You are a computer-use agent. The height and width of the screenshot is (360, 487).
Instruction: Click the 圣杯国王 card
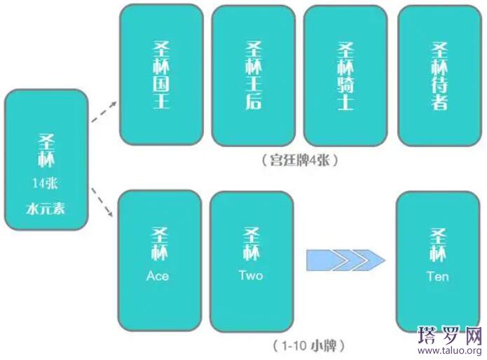[x=161, y=75]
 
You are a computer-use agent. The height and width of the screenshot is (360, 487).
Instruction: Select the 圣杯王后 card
[x=253, y=76]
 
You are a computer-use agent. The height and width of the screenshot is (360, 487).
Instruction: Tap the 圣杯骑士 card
[x=345, y=76]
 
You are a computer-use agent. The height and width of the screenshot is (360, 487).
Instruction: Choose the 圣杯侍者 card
[x=439, y=76]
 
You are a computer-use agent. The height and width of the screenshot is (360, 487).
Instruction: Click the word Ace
[x=158, y=276]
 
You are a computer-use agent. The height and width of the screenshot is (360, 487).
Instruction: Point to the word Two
[x=251, y=275]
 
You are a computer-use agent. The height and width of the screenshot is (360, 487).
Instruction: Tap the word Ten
[x=437, y=276]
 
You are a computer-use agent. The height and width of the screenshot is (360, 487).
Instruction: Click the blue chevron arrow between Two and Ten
[x=345, y=261]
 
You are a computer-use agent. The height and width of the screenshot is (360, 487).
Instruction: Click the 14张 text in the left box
[x=46, y=184]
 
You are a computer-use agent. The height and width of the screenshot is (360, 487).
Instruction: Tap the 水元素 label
[x=46, y=208]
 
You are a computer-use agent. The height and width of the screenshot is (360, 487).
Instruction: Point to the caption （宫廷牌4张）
[x=301, y=160]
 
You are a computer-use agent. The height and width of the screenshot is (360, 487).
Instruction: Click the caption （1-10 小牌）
[x=308, y=345]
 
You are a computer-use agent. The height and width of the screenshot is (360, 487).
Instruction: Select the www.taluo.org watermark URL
[x=449, y=351]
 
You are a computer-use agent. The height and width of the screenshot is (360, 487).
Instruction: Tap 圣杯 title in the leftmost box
[x=46, y=151]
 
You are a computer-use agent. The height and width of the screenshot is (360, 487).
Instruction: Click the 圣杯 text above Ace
[x=158, y=242]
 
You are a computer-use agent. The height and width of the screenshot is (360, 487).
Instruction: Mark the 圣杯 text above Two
[x=251, y=242]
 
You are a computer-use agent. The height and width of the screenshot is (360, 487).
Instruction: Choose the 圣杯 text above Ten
[x=437, y=242]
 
